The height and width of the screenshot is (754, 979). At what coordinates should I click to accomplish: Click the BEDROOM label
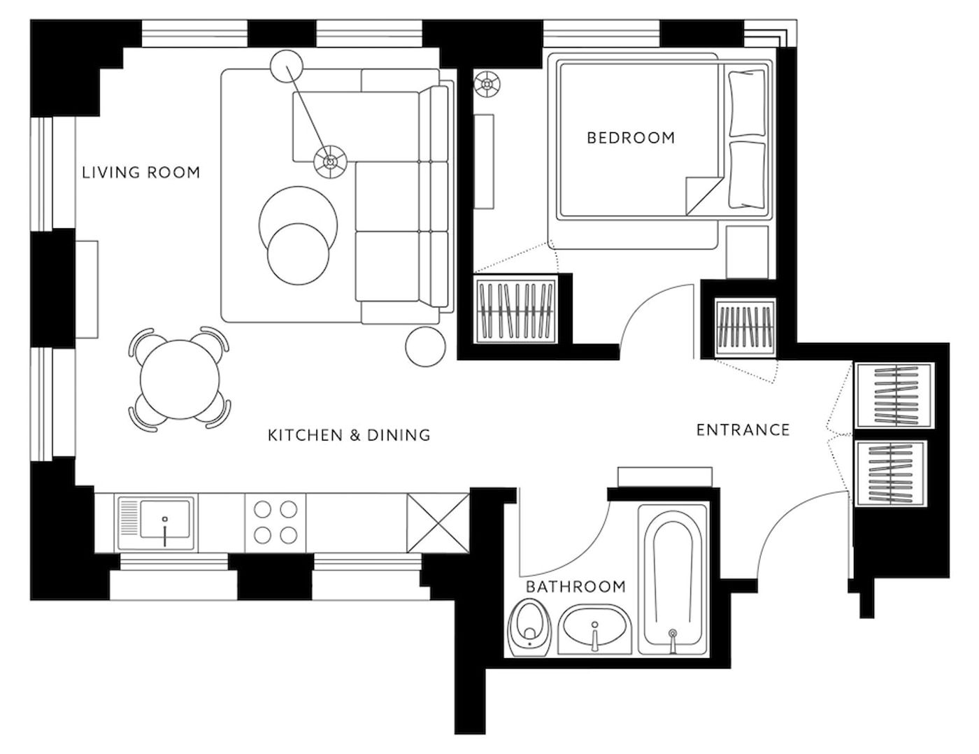point(631,137)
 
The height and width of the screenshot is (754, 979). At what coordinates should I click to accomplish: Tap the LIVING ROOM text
point(141,173)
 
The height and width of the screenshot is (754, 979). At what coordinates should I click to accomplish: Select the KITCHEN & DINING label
point(349,435)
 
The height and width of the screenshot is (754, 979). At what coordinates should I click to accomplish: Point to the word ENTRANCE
point(743,430)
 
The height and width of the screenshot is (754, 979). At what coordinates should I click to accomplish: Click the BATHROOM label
point(576,586)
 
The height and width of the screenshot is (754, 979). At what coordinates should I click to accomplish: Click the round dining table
point(180,380)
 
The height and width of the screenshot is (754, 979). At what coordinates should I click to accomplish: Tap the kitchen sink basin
point(165,519)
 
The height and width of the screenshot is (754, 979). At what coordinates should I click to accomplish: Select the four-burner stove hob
point(276,522)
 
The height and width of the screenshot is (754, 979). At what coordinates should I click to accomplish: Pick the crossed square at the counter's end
point(438,522)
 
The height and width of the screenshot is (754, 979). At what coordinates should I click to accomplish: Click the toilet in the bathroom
point(529,627)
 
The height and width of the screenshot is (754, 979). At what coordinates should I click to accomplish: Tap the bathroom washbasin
point(595,629)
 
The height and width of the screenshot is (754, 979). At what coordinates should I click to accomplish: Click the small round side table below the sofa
point(425,347)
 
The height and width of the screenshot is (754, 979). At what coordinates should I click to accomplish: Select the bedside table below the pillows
point(747,252)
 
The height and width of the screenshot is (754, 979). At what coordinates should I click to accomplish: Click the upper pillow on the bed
point(747,103)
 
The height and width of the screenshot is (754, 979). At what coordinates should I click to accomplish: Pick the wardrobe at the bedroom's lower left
point(516,311)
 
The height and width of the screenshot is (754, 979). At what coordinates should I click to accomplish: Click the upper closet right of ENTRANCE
point(895,395)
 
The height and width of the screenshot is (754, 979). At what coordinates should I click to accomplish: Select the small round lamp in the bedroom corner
point(487,84)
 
